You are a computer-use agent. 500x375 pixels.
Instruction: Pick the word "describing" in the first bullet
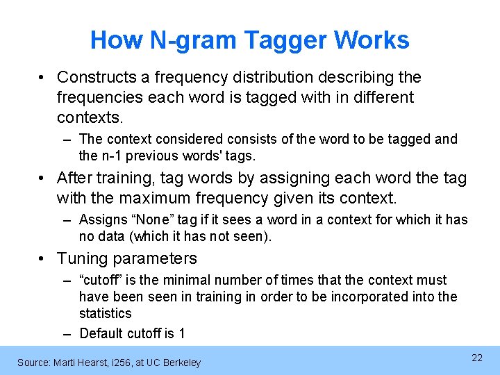pos(367,77)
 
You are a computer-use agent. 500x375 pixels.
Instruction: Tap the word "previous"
pos(156,156)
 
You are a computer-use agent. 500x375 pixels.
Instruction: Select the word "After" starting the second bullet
pos(76,178)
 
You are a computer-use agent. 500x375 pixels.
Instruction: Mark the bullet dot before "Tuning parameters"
pos(44,259)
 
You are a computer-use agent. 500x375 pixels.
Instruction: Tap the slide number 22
pos(477,358)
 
